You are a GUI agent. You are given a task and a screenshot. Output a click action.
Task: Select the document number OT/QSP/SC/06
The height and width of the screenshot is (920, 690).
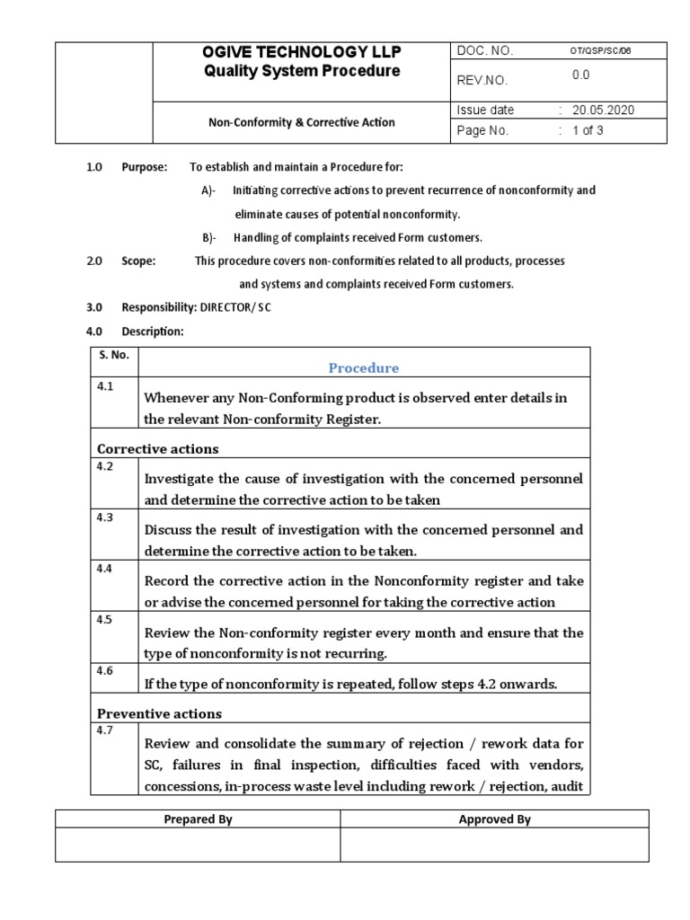coord(601,51)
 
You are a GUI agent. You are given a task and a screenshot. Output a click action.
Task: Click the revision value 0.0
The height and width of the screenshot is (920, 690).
coord(581,76)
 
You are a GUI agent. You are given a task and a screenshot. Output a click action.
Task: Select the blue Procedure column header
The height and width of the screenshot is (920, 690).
coord(364,367)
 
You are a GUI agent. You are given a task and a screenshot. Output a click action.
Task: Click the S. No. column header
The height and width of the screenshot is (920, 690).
coord(114,355)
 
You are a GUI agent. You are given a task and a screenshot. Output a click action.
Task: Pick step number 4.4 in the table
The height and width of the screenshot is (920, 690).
coord(106,569)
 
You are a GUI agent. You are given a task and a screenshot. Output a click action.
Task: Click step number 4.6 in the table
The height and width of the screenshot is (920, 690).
coord(106,670)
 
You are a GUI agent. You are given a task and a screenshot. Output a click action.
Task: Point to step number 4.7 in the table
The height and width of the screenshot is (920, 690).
coord(106,730)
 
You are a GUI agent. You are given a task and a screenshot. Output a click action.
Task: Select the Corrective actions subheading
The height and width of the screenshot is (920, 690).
coord(158,448)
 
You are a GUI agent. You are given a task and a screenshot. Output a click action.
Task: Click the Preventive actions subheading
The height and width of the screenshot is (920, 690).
coord(160,713)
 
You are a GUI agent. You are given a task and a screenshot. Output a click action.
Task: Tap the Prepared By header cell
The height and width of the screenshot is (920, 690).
coord(198,818)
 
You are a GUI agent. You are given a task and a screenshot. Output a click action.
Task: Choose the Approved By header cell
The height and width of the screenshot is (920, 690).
coord(494,818)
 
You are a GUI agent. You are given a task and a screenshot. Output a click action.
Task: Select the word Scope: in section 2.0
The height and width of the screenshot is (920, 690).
coord(138,261)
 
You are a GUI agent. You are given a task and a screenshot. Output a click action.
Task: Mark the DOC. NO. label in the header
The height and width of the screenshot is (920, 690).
coord(485,51)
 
